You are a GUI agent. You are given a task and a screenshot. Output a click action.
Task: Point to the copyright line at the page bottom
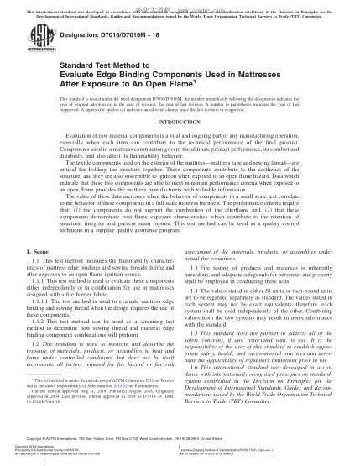[180, 437]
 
